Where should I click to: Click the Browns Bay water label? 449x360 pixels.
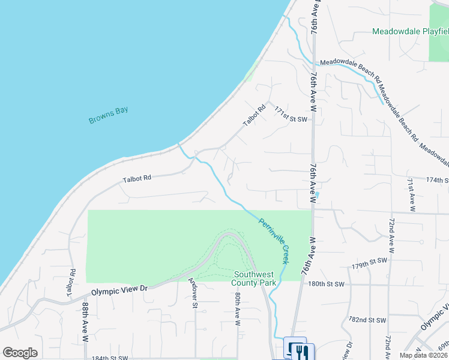point(109,115)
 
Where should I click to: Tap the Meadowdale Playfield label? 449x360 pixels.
point(409,31)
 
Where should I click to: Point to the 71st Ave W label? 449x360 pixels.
point(411,194)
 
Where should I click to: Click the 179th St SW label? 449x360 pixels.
point(368,262)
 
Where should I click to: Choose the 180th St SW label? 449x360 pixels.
point(328,284)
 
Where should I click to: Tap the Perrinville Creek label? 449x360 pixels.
point(274,241)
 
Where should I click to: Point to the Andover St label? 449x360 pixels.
point(193,292)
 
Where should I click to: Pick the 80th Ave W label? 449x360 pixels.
point(238,309)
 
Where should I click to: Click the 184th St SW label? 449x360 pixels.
point(110,358)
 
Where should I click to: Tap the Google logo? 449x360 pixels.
point(20,353)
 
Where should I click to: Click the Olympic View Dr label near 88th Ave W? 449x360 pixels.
point(119,289)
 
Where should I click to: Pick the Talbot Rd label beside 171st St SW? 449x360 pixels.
point(254,115)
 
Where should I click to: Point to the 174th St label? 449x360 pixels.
point(437,179)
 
